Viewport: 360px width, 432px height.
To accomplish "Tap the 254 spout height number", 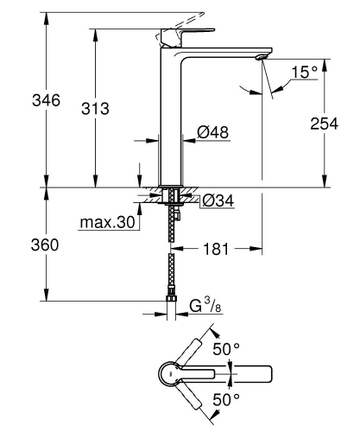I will tap(325, 123).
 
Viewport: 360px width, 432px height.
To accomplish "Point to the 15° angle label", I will tap(304, 73).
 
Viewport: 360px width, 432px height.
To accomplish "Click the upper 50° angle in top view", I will tap(227, 348).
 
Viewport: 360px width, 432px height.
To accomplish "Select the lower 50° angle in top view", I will tap(227, 401).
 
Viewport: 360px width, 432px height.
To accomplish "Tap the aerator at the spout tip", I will tap(259, 57).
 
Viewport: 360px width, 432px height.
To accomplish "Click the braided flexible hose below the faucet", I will tap(173, 259).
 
